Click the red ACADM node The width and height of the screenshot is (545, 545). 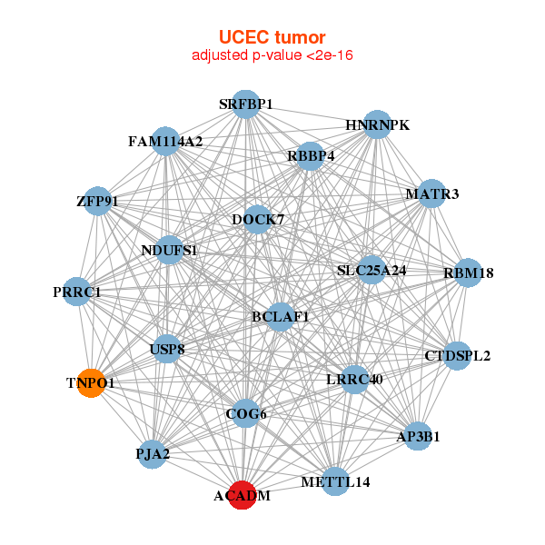tap(242, 495)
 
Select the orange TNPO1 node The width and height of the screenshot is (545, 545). tap(91, 383)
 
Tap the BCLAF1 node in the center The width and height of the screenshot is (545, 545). tap(281, 317)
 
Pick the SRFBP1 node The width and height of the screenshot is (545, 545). tap(245, 104)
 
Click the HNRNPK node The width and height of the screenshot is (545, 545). tap(377, 124)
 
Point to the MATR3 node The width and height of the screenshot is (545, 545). tap(431, 194)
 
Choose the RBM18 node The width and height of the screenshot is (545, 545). tap(468, 272)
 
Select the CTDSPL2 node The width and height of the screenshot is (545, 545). tap(458, 355)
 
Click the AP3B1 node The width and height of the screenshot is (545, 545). tap(419, 436)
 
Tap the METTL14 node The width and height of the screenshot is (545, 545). tap(336, 481)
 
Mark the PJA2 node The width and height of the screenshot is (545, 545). tap(153, 452)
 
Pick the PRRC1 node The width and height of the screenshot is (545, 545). tap(77, 292)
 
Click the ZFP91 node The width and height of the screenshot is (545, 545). tap(97, 201)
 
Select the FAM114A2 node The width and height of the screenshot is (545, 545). tap(165, 142)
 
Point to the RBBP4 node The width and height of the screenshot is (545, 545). tap(311, 156)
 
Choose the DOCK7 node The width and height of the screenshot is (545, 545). tap(258, 220)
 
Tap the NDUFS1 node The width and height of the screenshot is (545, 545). tap(170, 250)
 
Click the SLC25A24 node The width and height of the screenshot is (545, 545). tap(371, 270)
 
